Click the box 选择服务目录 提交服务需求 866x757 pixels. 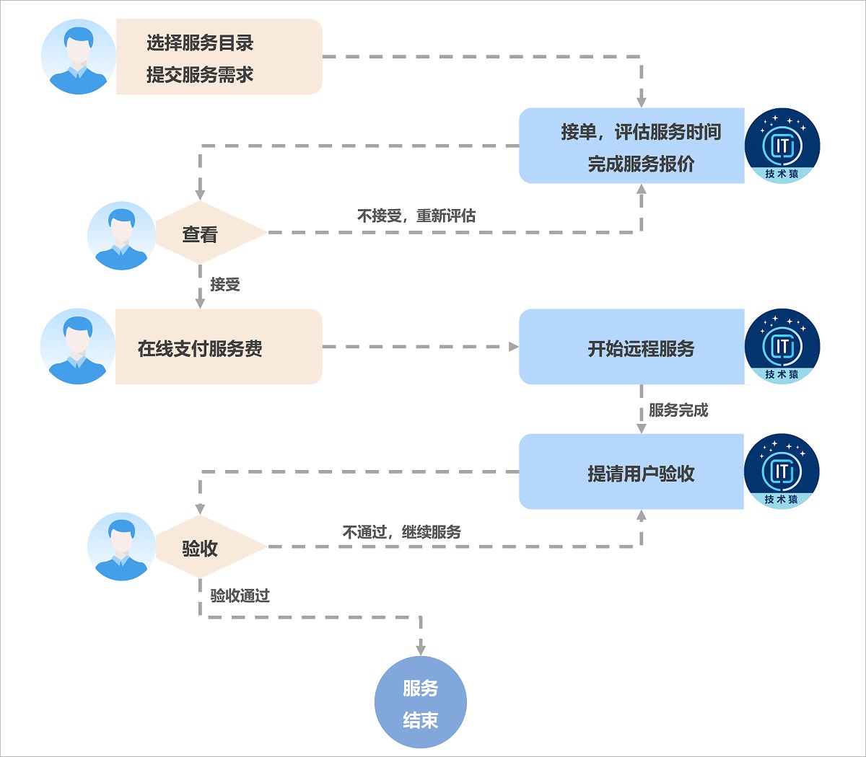tap(219, 57)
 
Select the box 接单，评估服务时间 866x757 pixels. tap(631, 146)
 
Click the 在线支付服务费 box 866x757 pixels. tap(219, 347)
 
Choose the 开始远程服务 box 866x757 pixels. tap(631, 347)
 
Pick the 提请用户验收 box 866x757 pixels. tap(631, 472)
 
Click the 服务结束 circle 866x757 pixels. tap(421, 702)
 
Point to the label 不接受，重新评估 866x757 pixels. tap(416, 216)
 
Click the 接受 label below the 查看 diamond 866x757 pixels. tap(225, 285)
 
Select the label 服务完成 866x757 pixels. tap(678, 410)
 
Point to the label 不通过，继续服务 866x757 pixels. tap(402, 532)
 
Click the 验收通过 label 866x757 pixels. tap(240, 596)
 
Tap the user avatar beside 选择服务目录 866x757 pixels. tap(78, 57)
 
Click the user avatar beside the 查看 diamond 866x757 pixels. tap(121, 236)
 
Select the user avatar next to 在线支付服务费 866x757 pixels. tap(78, 347)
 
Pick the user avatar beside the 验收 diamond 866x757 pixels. tap(121, 546)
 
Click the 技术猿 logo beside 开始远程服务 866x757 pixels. tap(782, 347)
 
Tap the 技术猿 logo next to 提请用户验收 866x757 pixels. tap(782, 472)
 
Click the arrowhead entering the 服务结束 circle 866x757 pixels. tap(421, 650)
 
